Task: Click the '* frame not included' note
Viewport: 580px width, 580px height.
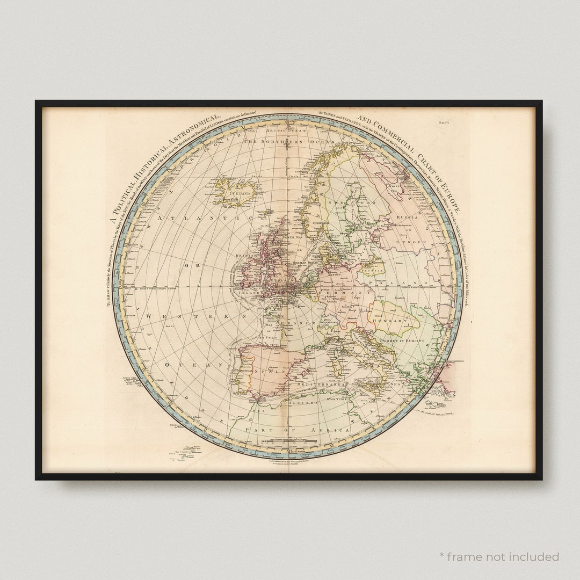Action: click(499, 556)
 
